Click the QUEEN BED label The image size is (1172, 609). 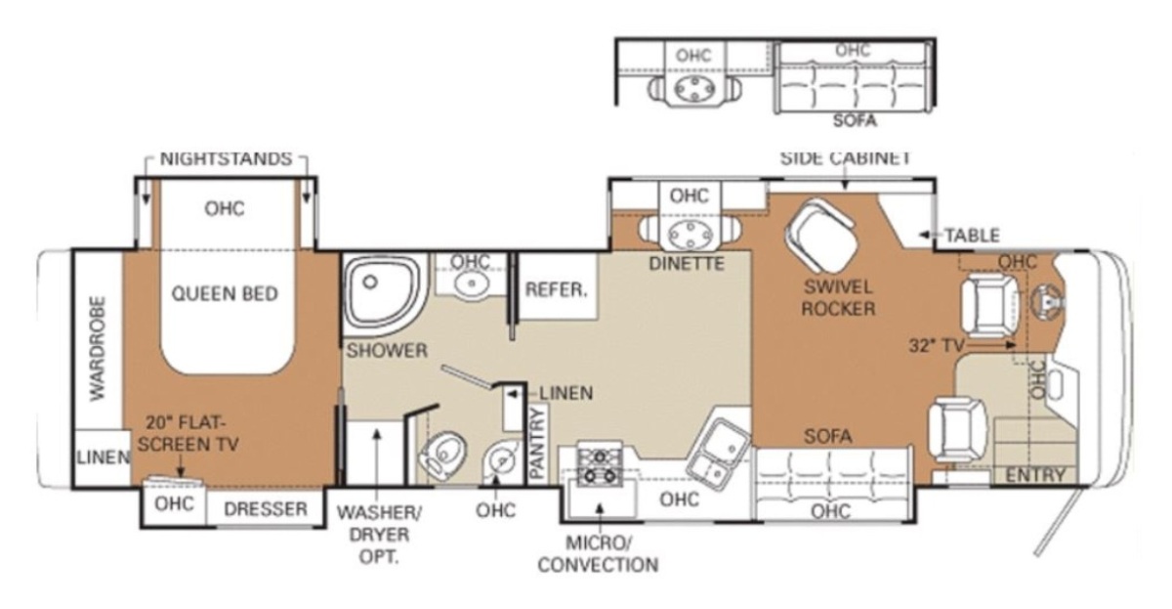225,294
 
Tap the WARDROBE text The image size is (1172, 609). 98,349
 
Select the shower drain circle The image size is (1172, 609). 370,282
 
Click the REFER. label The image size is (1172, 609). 556,289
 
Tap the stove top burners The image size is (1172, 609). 600,466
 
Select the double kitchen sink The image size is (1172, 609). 720,450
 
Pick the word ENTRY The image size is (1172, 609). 1035,475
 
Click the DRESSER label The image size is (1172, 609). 266,509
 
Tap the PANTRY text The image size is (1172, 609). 537,443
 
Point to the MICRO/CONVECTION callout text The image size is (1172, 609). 598,554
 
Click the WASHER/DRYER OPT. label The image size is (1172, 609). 379,534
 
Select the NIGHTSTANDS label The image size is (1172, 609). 226,158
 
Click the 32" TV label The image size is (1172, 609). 937,346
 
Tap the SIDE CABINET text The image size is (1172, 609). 846,158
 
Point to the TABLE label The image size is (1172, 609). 972,236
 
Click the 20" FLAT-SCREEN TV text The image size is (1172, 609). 188,434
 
